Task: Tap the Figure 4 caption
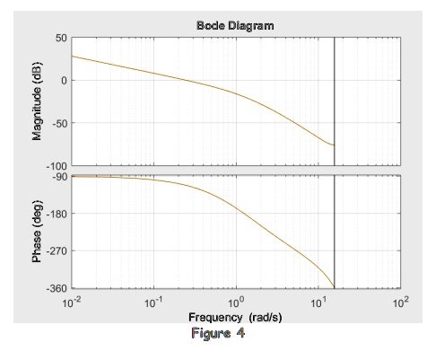coord(216,334)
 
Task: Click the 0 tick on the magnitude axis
coord(63,81)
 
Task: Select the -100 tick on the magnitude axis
coord(56,164)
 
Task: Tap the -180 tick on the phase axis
coord(56,214)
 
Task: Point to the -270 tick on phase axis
coord(56,250)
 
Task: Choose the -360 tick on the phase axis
coord(56,287)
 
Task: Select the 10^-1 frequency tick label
coord(153,303)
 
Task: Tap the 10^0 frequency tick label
coord(237,303)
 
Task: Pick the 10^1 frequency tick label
coord(318,303)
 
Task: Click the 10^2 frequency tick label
coord(400,303)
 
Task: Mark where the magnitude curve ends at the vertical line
coord(335,145)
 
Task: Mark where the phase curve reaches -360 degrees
coord(335,287)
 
